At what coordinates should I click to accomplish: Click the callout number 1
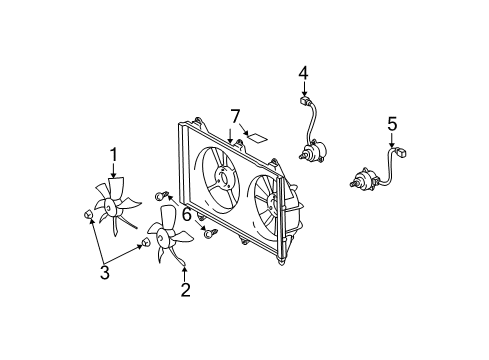point(114,155)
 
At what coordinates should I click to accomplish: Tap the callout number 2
point(185,289)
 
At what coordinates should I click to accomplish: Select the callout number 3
point(105,272)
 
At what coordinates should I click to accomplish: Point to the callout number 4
point(303,73)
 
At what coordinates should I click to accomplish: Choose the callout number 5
point(392,124)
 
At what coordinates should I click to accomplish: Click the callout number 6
point(187,214)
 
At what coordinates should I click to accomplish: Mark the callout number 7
point(235,117)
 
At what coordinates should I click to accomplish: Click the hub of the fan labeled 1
point(109,207)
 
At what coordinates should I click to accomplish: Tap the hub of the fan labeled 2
point(162,238)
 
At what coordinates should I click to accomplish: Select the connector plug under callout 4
point(303,100)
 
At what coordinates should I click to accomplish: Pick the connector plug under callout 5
point(401,153)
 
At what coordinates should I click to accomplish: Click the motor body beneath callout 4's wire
point(314,152)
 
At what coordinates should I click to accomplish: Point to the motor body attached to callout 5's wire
point(365,180)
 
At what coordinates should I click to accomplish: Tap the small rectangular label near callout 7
point(257,137)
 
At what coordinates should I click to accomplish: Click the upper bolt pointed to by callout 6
point(161,196)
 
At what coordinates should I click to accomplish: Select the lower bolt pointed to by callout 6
point(210,233)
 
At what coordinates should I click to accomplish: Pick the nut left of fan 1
point(87,214)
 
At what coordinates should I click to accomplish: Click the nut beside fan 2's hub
point(146,242)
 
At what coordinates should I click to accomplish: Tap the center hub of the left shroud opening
point(223,178)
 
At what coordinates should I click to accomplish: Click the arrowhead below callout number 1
point(114,175)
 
